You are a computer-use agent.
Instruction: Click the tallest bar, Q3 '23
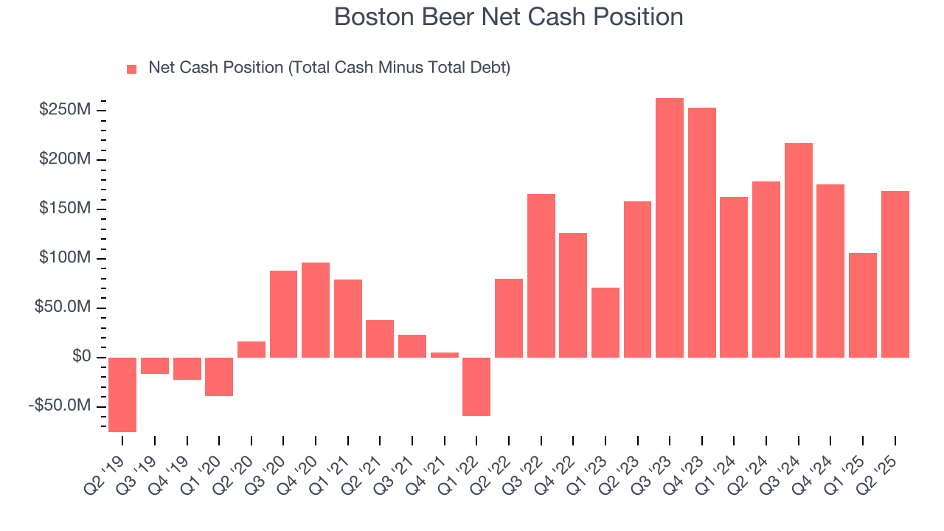click(670, 228)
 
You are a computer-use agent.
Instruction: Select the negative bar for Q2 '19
click(122, 395)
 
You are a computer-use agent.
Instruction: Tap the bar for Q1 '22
click(476, 386)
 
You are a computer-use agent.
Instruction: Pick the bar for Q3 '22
click(541, 276)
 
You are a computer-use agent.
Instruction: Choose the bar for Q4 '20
click(316, 310)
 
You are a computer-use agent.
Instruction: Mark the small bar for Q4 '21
click(445, 355)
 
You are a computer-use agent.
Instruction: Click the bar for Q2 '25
click(895, 274)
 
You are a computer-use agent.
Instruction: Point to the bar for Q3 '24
click(799, 250)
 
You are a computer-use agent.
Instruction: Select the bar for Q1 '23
click(605, 322)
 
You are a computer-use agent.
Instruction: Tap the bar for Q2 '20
click(251, 350)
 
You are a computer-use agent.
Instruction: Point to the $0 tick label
click(81, 357)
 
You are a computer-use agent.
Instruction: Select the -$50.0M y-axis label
click(62, 406)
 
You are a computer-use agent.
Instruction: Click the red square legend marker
click(132, 69)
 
